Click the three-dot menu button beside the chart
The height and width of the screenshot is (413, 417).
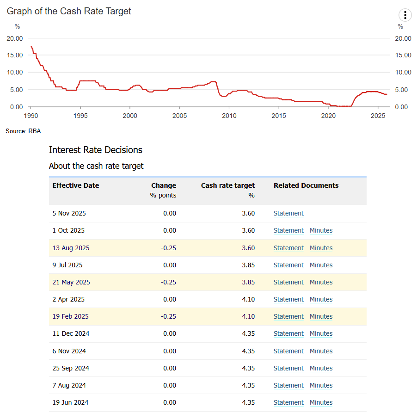[405, 15]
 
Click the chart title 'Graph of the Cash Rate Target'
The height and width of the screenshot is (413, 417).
[69, 11]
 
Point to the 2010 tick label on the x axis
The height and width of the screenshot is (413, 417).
[229, 115]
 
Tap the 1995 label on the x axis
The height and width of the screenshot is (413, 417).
[80, 115]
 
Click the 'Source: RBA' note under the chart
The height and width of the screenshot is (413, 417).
[23, 131]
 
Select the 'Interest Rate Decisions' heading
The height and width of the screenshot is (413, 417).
[96, 150]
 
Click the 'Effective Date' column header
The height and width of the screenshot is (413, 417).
[76, 185]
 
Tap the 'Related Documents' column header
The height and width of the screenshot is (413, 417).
[306, 185]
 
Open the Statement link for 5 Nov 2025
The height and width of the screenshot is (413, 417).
[288, 213]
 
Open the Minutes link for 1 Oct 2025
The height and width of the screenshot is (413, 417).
[321, 230]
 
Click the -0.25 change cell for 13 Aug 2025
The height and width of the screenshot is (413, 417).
[169, 248]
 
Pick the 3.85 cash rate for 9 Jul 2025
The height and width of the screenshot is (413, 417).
[248, 265]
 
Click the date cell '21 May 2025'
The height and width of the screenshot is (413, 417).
[71, 282]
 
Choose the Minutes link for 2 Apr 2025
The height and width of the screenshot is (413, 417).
[321, 299]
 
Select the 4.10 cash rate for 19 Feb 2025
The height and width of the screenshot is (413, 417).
[248, 316]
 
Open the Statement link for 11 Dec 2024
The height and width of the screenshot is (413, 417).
[288, 333]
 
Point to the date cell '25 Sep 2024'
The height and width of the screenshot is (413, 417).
[71, 368]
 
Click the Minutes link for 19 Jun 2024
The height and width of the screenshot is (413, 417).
[321, 402]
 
